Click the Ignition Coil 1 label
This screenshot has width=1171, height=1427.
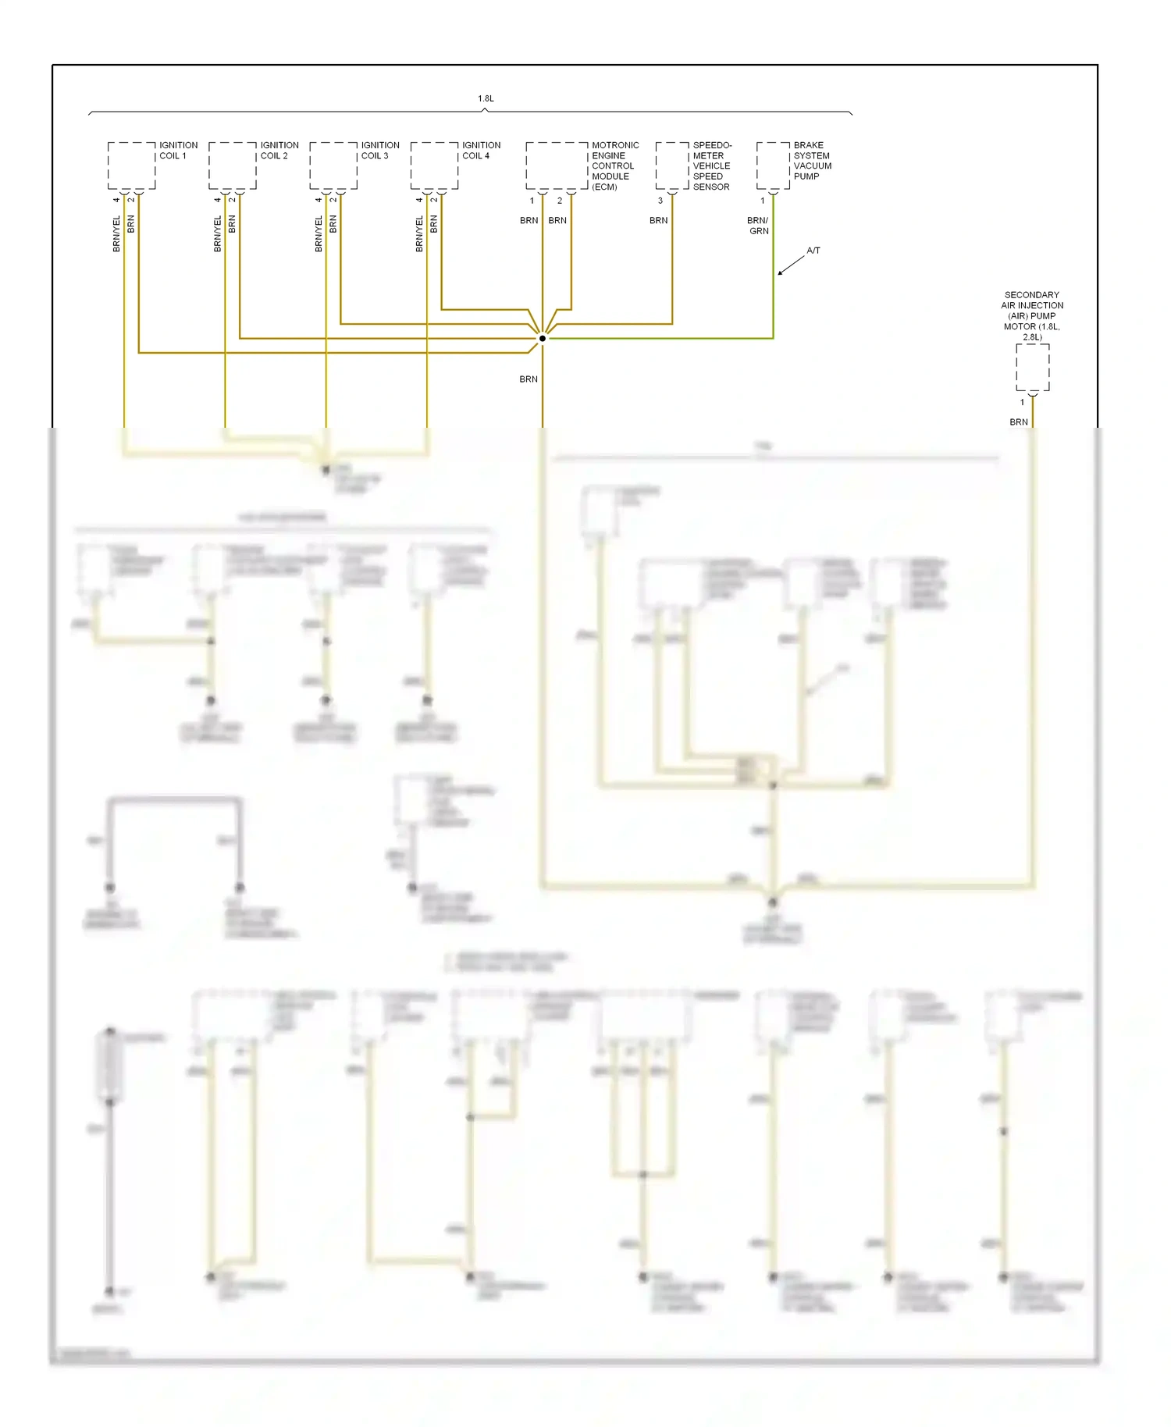[178, 150]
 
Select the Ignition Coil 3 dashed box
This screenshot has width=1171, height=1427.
[333, 165]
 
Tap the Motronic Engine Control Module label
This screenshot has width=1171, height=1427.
[614, 165]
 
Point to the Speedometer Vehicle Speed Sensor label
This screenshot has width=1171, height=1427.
[711, 165]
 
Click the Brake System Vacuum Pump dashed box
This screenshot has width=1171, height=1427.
[773, 165]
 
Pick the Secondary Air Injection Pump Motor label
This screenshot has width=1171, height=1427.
[1031, 315]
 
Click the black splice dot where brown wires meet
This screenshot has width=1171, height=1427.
[543, 338]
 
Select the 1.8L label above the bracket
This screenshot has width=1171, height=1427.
[486, 98]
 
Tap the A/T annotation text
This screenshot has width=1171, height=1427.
[813, 251]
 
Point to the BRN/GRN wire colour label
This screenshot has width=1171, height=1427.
[758, 226]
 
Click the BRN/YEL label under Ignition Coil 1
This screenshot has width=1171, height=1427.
[116, 233]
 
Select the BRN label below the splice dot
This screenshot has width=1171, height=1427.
[529, 379]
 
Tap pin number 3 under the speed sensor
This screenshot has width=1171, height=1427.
[660, 201]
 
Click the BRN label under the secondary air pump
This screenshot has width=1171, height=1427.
[1018, 422]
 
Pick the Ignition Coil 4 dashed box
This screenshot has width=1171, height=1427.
[434, 165]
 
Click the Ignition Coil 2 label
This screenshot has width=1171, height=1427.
[279, 150]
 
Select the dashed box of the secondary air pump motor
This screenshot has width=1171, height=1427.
[1032, 367]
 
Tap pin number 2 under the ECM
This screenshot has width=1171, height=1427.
[559, 201]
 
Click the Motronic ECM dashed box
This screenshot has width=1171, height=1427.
[557, 165]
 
